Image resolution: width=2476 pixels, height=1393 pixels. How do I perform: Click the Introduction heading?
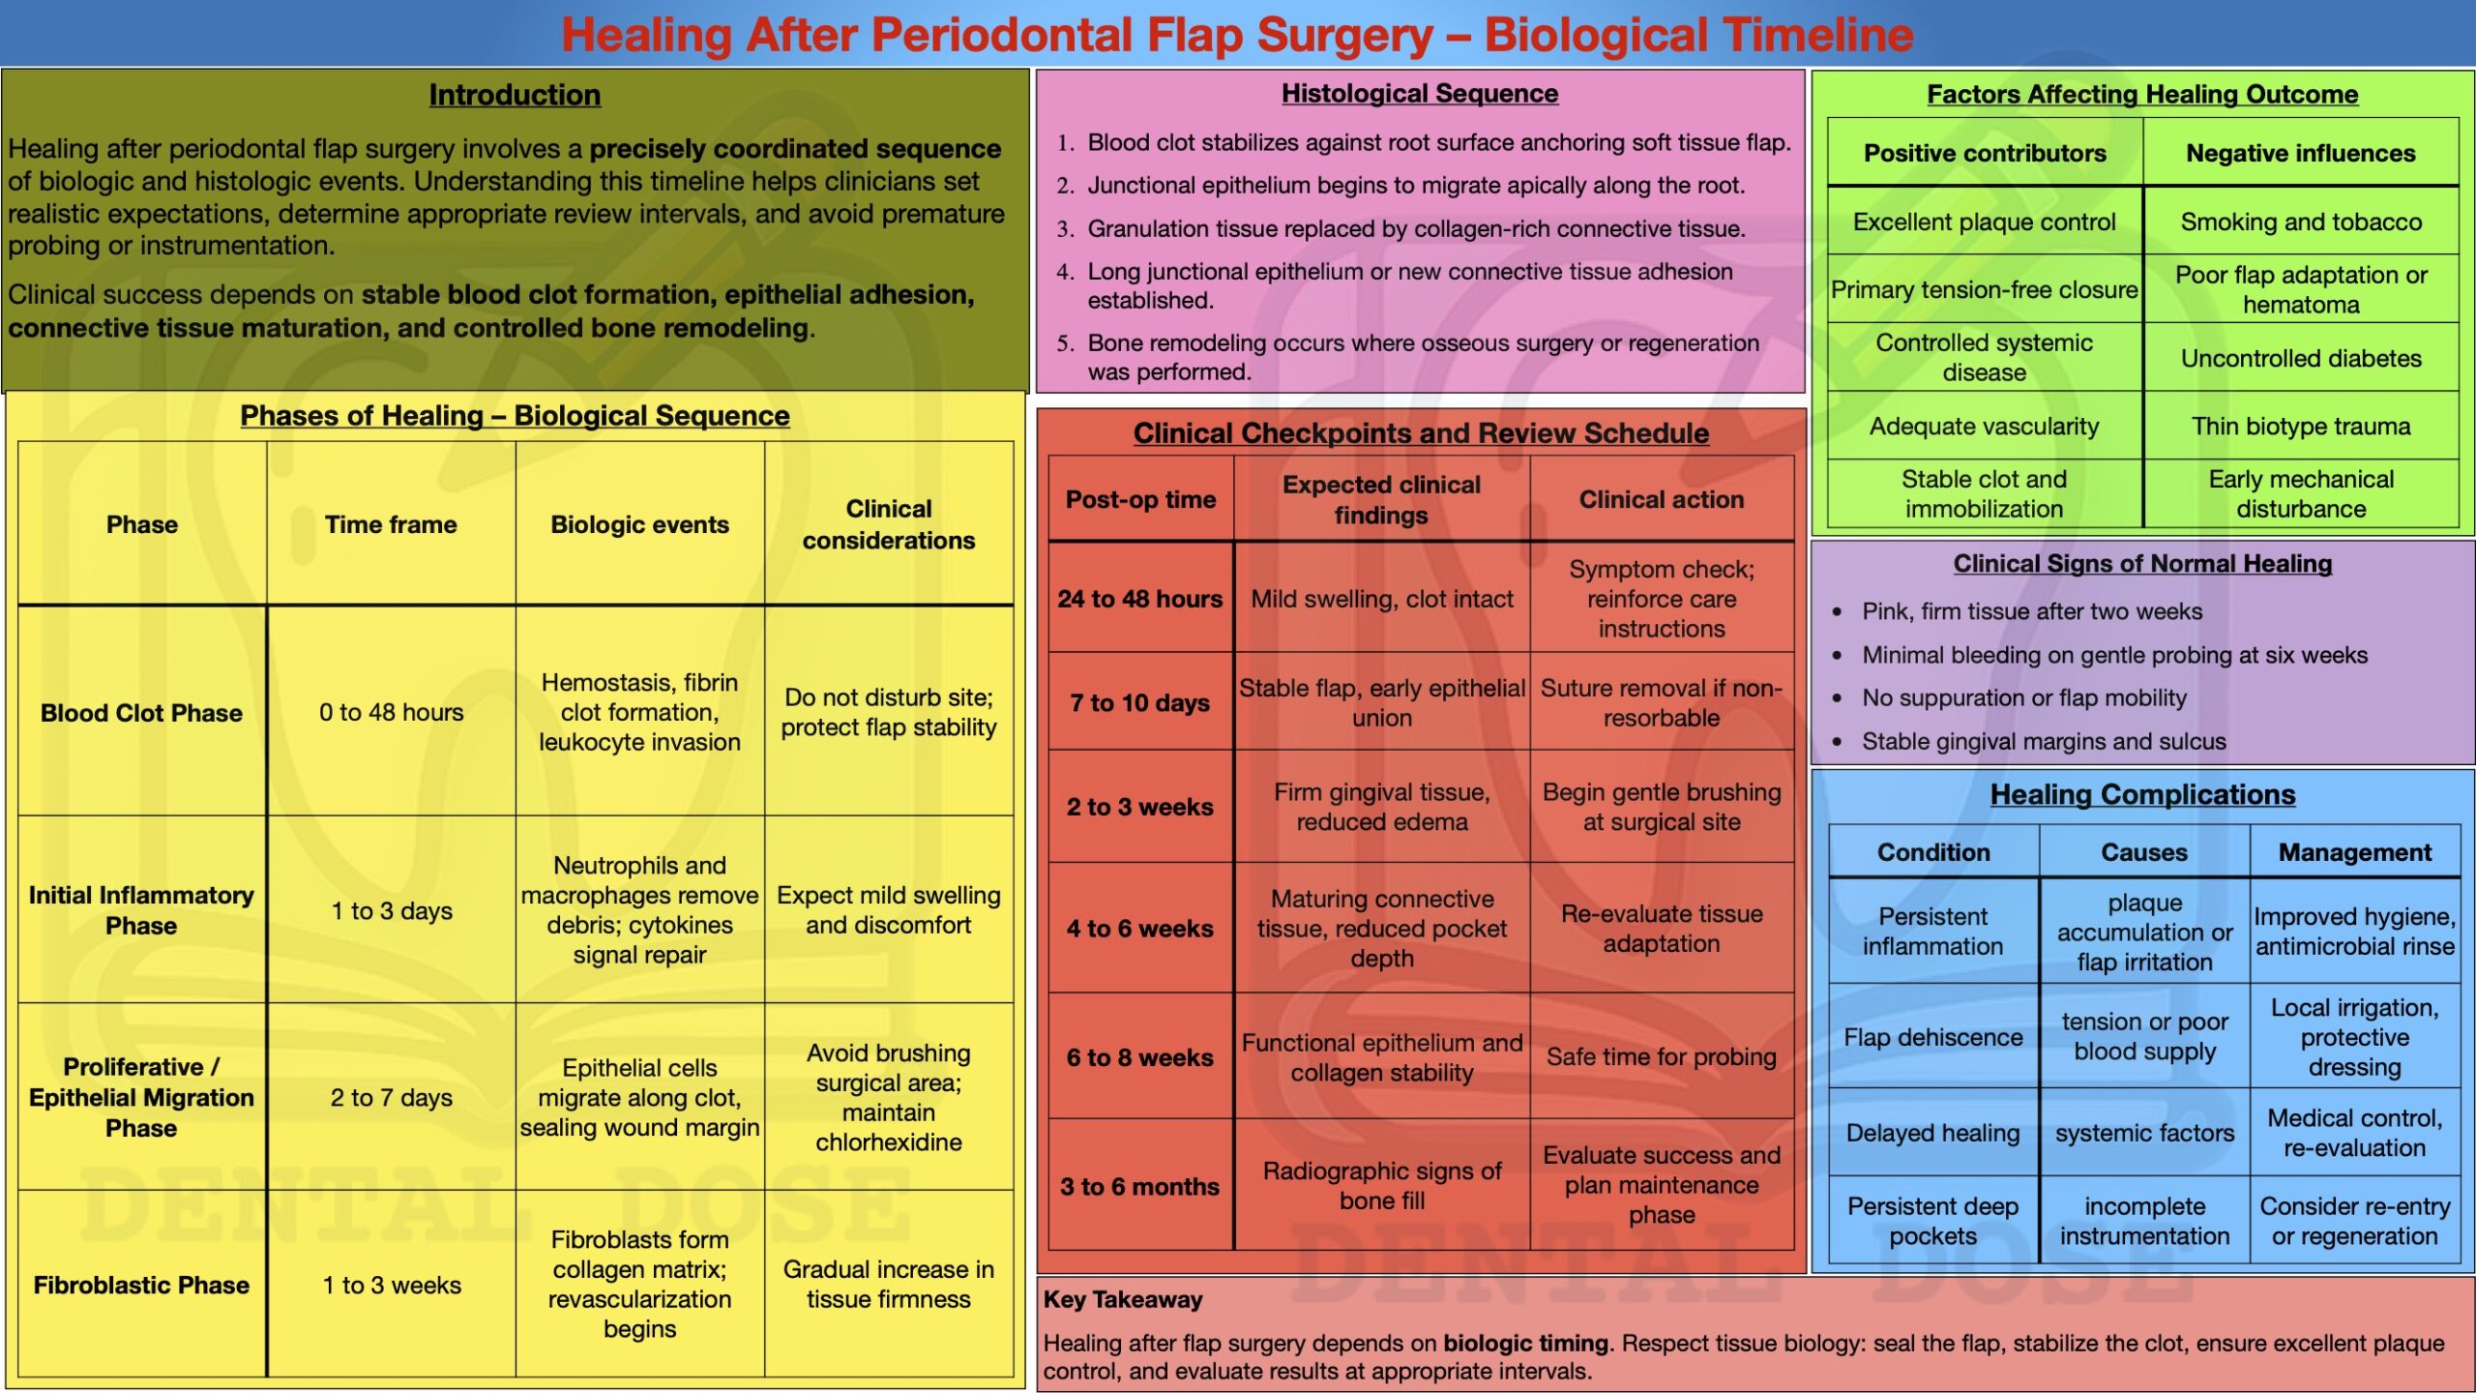click(515, 95)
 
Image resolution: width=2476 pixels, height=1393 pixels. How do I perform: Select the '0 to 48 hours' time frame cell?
click(392, 712)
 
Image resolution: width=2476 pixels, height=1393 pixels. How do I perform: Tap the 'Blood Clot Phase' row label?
click(141, 713)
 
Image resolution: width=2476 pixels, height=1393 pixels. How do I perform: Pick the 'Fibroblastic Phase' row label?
click(141, 1285)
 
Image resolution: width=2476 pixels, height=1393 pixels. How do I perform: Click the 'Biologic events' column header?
click(639, 524)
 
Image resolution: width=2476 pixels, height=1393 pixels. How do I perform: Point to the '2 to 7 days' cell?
click(392, 1097)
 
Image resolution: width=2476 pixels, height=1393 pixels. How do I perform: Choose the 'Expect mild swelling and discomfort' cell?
click(888, 910)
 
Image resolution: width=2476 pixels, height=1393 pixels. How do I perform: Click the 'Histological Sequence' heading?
click(1419, 94)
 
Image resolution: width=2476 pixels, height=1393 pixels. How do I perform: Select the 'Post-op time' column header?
click(1140, 499)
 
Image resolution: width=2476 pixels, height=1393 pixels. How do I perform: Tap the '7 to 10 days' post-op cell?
click(1140, 702)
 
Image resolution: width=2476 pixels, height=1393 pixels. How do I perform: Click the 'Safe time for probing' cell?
click(1661, 1056)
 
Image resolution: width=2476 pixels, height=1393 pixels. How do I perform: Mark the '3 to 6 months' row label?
click(1140, 1186)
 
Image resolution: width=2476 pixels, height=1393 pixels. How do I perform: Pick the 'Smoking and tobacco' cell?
click(2301, 222)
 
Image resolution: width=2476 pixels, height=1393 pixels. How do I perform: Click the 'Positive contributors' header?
click(1985, 153)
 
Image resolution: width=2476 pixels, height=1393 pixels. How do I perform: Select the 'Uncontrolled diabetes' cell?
click(2301, 358)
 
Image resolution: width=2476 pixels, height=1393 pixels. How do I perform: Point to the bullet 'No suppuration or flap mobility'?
click(2023, 697)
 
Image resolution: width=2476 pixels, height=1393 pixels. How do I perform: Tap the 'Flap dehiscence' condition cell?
click(1932, 1037)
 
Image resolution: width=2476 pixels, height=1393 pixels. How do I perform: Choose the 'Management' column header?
click(2354, 852)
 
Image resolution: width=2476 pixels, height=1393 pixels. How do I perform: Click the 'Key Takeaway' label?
click(1123, 1299)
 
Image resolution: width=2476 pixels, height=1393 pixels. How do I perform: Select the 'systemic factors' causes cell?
click(2144, 1133)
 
